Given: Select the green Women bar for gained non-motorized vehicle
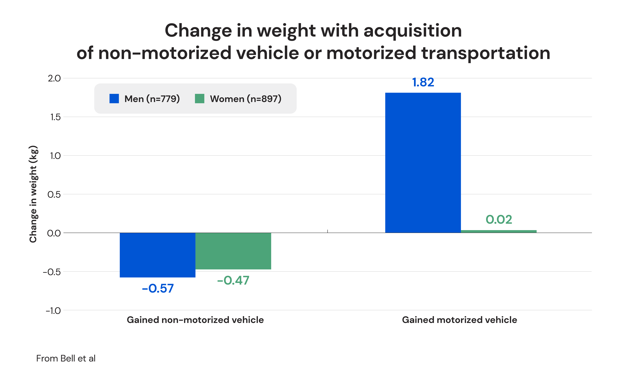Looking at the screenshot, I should (233, 251).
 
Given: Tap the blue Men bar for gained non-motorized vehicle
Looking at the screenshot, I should (157, 255).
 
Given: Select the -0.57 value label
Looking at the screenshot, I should (158, 288).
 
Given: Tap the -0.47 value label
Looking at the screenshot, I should (233, 280).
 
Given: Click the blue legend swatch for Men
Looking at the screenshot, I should (114, 99).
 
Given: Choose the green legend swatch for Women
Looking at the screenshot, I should (200, 99).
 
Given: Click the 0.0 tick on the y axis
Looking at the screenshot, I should (54, 233).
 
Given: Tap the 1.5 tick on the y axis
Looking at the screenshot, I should (55, 117).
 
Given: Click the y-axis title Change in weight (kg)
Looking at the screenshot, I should (33, 194).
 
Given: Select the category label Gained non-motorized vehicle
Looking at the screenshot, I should (195, 320).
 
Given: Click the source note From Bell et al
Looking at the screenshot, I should (66, 358).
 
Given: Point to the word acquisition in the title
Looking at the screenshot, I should (412, 31).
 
